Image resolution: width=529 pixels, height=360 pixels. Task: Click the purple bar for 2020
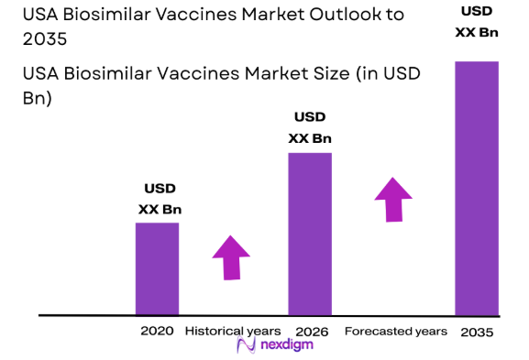(x=157, y=268)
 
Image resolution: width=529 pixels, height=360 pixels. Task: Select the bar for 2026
(x=310, y=234)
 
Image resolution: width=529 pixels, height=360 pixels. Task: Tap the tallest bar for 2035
(x=477, y=188)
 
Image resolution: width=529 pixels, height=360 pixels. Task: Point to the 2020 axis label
(x=157, y=330)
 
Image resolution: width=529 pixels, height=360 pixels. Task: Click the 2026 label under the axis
(x=312, y=330)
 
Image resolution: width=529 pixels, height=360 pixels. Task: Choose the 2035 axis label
(x=477, y=331)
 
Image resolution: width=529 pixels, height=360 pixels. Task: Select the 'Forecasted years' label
(x=395, y=330)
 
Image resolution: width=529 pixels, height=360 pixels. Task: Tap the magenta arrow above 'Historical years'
(x=230, y=257)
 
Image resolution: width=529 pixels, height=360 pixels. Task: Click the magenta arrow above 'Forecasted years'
(x=394, y=200)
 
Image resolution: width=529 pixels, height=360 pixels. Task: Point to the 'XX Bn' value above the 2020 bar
(x=160, y=210)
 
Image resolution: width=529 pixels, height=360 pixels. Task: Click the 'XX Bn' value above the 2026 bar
(x=310, y=138)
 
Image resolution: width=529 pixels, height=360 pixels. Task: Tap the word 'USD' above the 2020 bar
(x=160, y=190)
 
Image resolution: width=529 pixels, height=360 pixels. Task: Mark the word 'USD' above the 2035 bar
(x=477, y=10)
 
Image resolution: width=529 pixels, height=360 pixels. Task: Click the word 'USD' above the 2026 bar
(x=310, y=117)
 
